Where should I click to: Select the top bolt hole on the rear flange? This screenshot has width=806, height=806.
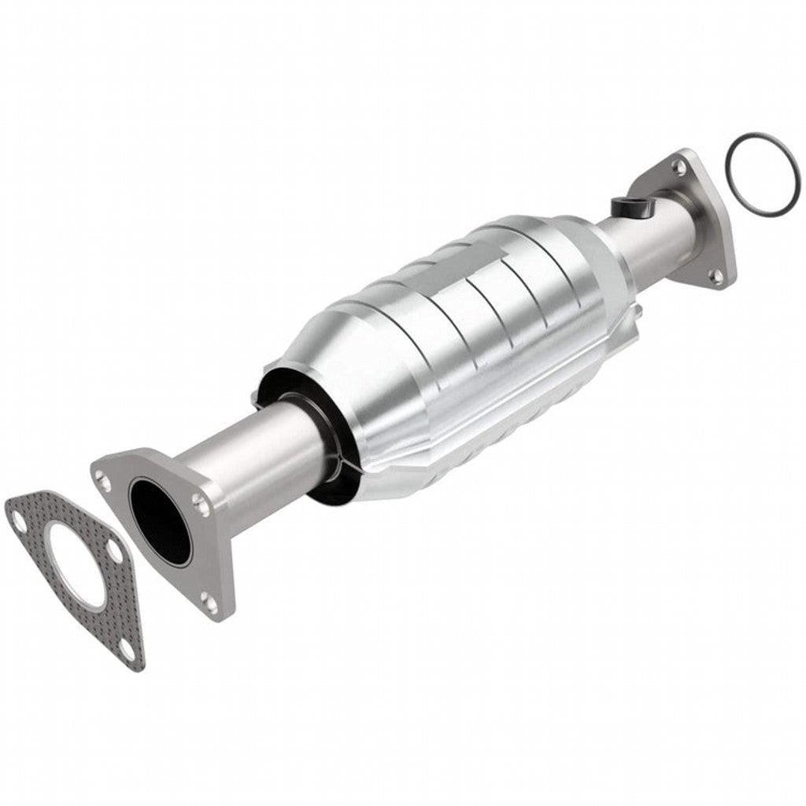coord(677,166)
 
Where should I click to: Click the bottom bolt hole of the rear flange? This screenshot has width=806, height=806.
coord(715,275)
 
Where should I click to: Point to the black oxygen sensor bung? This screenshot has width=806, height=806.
coord(627,206)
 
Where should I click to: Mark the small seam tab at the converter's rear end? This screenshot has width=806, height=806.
coord(638,312)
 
